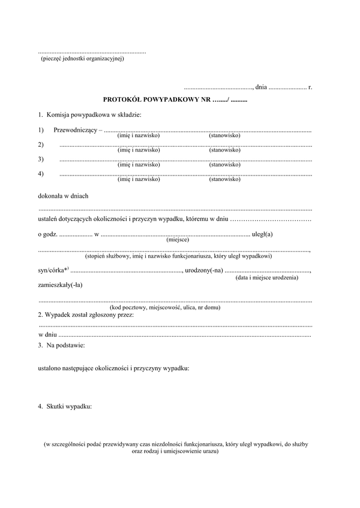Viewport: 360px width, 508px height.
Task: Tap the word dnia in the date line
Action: (261, 87)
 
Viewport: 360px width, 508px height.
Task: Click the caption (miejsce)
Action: (178, 240)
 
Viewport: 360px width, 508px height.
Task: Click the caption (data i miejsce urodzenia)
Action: (266, 278)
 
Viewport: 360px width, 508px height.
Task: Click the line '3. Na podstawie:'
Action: (61, 346)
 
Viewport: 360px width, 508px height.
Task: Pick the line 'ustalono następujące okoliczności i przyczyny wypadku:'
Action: (113, 368)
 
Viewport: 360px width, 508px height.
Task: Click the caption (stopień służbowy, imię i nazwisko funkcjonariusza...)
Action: (178, 256)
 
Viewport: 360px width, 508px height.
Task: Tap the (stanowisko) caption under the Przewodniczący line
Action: (225, 136)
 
